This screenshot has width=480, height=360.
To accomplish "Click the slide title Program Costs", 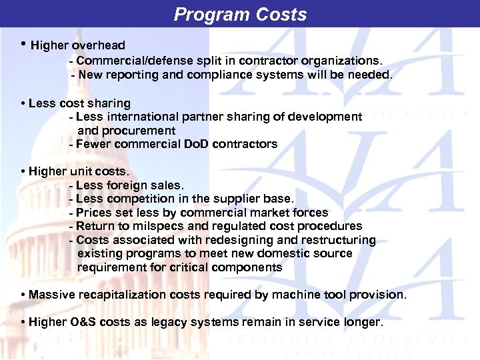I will pyautogui.click(x=240, y=15).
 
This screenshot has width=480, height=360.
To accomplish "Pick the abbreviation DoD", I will pyautogui.click(x=195, y=144).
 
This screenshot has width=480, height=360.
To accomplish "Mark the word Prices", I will pyautogui.click(x=94, y=213).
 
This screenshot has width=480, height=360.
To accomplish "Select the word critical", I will pyautogui.click(x=182, y=267).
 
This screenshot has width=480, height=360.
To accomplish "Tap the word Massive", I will pyautogui.click(x=51, y=295).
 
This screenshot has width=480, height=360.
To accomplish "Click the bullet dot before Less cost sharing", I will pyautogui.click(x=23, y=103).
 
